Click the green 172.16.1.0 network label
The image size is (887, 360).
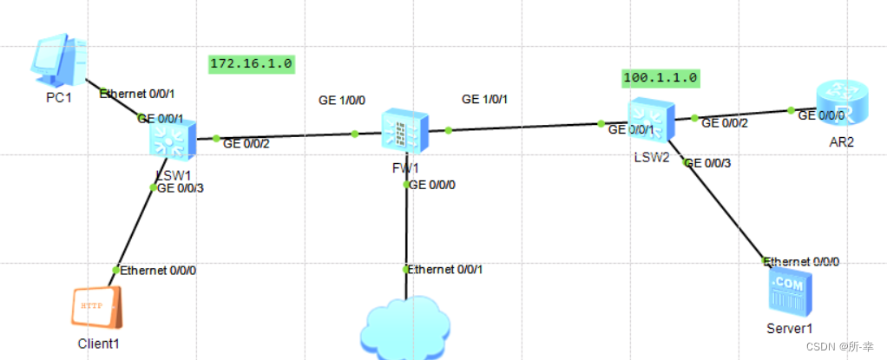click(252, 63)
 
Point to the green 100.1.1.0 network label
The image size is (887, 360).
click(660, 77)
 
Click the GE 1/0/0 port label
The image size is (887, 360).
click(342, 101)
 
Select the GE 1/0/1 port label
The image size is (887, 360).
click(485, 100)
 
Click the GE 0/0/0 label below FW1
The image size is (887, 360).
click(432, 185)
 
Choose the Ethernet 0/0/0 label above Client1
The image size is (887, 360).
click(159, 271)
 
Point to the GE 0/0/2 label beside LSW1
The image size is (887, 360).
click(246, 144)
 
